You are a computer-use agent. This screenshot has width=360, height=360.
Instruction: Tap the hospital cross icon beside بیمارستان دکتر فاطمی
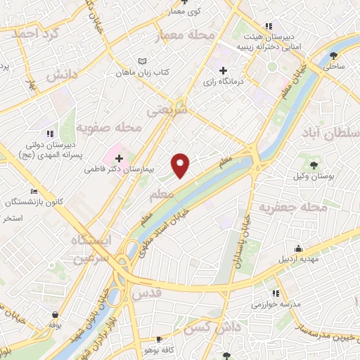click(x=119, y=158)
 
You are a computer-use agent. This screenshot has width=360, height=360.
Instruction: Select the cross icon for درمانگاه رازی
click(x=224, y=70)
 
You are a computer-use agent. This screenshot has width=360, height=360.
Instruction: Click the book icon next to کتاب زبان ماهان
click(x=143, y=61)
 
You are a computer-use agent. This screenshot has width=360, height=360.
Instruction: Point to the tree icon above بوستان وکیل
click(x=314, y=165)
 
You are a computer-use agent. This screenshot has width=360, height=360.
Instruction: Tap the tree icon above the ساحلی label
click(x=333, y=54)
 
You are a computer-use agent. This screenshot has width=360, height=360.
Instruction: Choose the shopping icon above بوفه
click(x=55, y=314)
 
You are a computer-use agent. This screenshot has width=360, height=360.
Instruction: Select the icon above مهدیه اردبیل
click(x=298, y=247)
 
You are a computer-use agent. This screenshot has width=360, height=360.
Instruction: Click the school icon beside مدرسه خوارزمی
click(x=276, y=292)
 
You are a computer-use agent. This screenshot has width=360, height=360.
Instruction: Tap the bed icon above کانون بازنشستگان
click(x=34, y=191)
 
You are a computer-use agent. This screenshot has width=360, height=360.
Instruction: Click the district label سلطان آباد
click(x=330, y=134)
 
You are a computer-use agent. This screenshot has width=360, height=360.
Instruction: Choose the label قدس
click(x=146, y=291)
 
